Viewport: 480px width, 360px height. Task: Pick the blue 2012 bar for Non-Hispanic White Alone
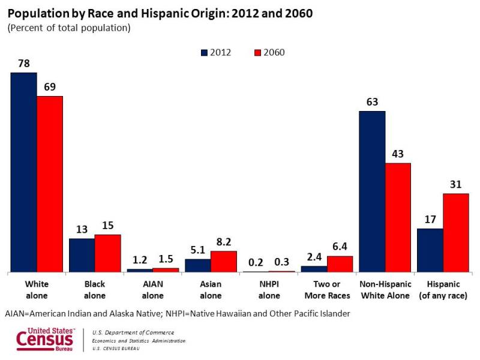tap(372, 191)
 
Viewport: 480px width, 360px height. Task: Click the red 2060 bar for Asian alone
tap(224, 262)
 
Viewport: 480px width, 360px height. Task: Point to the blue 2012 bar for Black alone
tap(82, 255)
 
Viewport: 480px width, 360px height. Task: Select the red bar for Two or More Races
tap(340, 264)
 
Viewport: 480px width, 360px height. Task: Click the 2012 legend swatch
tap(204, 52)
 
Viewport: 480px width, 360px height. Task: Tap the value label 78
tap(23, 63)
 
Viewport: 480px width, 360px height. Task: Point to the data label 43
tap(398, 154)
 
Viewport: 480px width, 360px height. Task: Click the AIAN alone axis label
tap(152, 289)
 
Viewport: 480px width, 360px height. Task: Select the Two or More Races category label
tap(327, 289)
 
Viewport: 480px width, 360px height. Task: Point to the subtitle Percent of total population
tap(68, 28)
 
